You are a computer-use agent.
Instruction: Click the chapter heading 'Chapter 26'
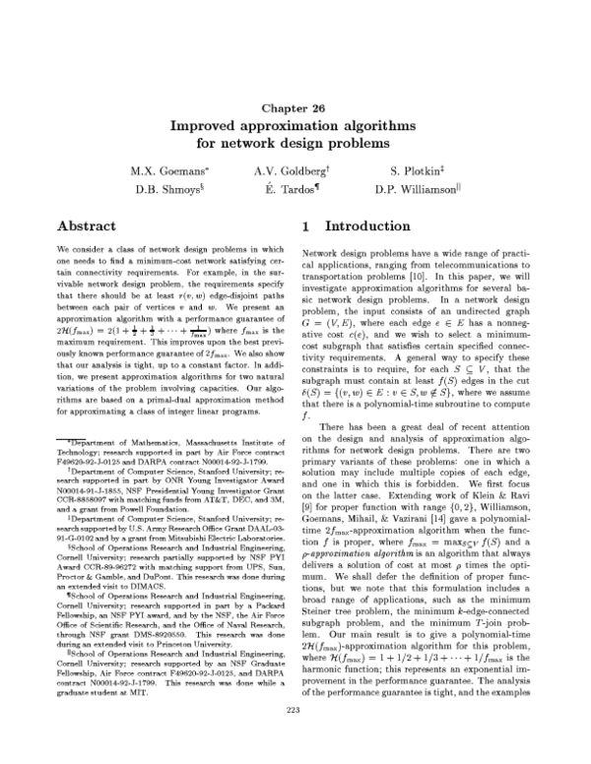(295, 106)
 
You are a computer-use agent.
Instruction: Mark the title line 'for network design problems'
(295, 146)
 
